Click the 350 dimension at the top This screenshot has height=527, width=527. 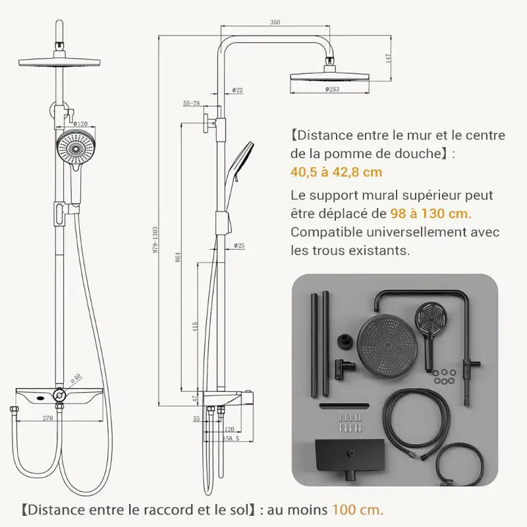[x=275, y=22]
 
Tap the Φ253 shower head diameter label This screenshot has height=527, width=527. [x=331, y=89]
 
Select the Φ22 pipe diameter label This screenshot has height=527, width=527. [x=238, y=90]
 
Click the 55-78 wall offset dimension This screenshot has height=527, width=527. [x=191, y=103]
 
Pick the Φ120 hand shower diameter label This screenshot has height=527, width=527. [x=80, y=124]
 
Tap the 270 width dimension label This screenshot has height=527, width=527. [x=47, y=418]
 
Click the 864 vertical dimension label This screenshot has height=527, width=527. [x=178, y=258]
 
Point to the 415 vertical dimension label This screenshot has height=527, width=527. [x=195, y=328]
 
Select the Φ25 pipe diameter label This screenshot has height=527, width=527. [x=239, y=246]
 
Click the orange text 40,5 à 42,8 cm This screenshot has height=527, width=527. [x=336, y=173]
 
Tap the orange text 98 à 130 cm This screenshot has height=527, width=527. [x=431, y=213]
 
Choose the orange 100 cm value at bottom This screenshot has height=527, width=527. [x=357, y=509]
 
